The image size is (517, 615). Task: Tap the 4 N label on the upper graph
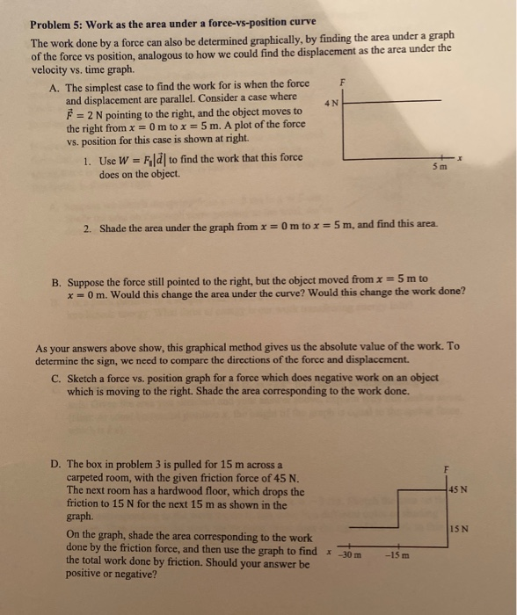[x=329, y=102]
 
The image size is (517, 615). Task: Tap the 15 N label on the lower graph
[x=458, y=529]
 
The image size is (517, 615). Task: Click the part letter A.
[x=55, y=87]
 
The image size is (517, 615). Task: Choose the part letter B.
[x=55, y=283]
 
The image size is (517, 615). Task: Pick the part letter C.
[x=55, y=379]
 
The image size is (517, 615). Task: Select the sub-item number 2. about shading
[x=88, y=229]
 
